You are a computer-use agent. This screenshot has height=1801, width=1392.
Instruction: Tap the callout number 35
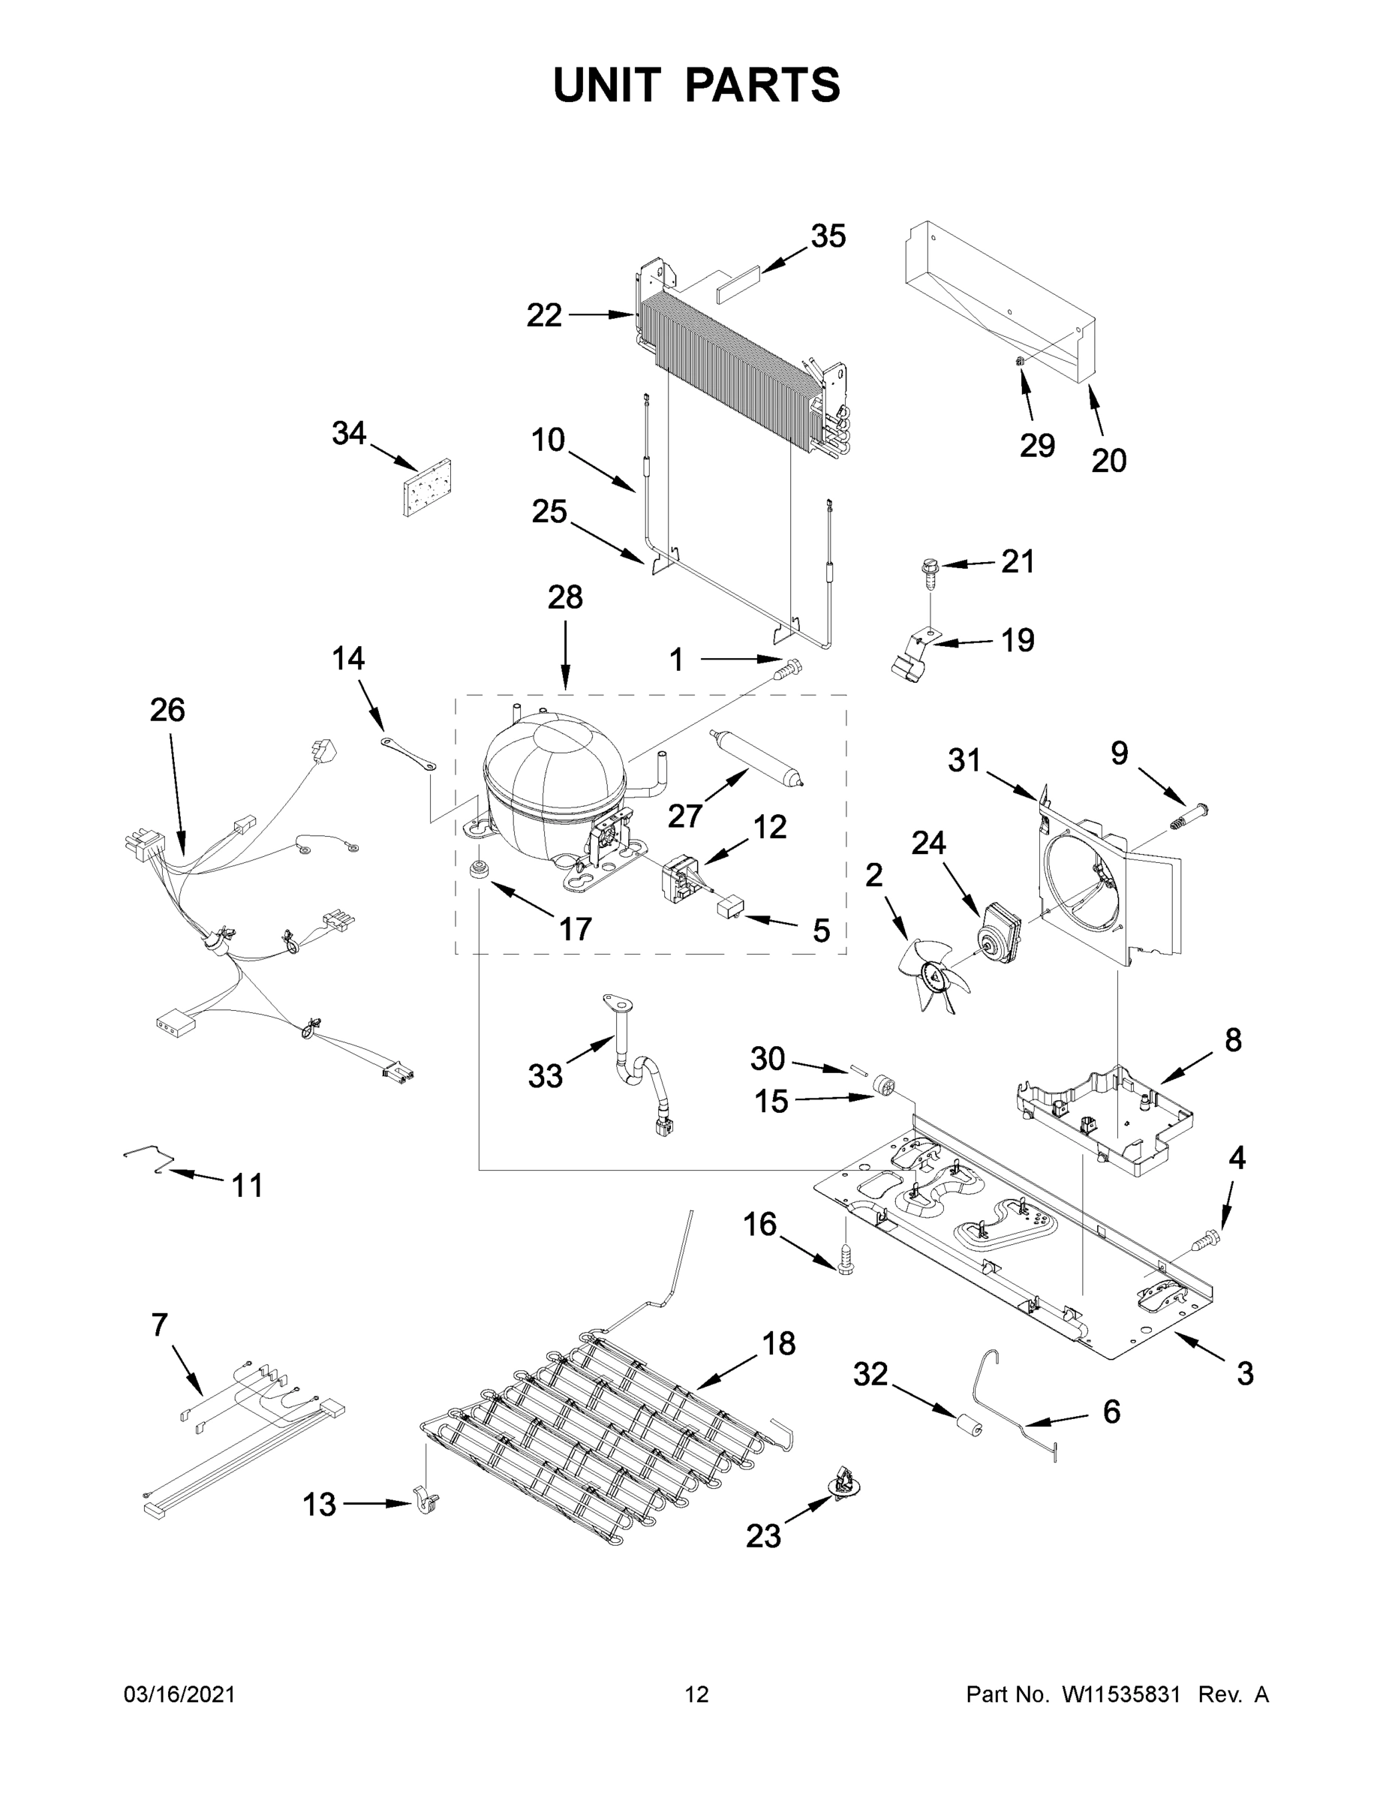pos(828,236)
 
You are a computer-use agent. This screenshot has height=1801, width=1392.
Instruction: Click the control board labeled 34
pos(427,489)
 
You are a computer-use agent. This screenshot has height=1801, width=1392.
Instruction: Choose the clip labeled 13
pos(425,1502)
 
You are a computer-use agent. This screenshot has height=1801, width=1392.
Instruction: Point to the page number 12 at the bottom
pos(697,1695)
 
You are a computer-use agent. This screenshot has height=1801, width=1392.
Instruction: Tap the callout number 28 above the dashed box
pos(565,597)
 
